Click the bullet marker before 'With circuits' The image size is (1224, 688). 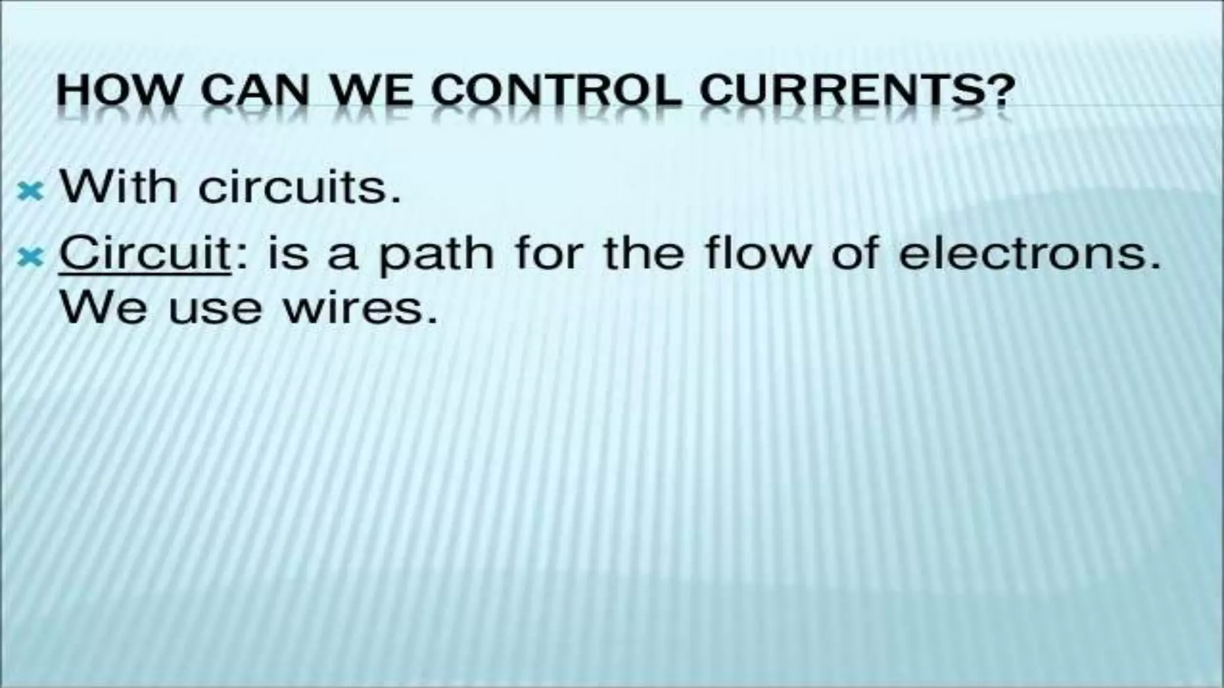click(x=30, y=191)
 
